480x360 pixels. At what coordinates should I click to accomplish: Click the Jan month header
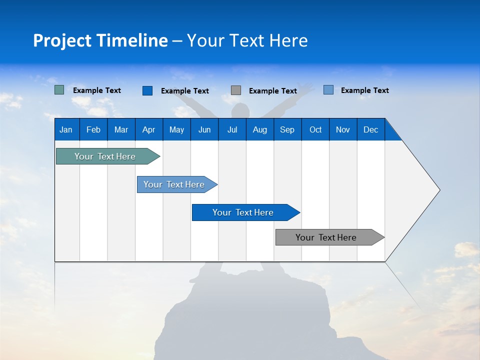(x=66, y=129)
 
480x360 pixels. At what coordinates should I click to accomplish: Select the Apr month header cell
(x=149, y=129)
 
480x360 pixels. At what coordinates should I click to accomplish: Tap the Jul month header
(x=232, y=129)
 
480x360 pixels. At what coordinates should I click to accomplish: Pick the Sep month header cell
(x=287, y=129)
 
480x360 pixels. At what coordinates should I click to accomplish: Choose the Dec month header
(x=370, y=129)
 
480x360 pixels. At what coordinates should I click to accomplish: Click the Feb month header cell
(x=93, y=129)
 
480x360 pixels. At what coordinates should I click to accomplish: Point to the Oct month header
(x=315, y=129)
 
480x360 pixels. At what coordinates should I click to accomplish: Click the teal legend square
(x=59, y=90)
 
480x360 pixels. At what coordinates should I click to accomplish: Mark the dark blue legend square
(x=147, y=90)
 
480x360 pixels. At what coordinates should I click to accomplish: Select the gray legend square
(x=236, y=90)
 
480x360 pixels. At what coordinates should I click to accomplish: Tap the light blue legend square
(x=328, y=90)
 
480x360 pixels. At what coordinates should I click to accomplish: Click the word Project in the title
(x=62, y=40)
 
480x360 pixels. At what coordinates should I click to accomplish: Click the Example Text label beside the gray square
(x=272, y=91)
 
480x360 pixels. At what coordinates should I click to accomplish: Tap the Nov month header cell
(x=343, y=129)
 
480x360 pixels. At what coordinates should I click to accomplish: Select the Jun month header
(x=204, y=129)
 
